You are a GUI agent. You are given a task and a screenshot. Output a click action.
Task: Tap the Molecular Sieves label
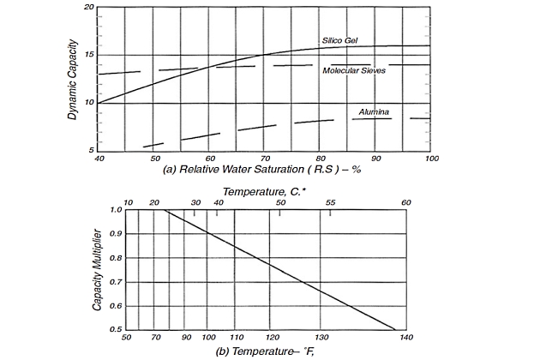(x=353, y=70)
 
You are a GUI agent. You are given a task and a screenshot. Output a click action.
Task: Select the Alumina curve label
(x=372, y=112)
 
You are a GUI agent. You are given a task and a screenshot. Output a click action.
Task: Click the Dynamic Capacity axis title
(x=75, y=79)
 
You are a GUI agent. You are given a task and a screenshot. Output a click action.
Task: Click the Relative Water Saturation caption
(x=264, y=171)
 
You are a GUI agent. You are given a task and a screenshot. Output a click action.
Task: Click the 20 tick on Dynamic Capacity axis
(x=88, y=8)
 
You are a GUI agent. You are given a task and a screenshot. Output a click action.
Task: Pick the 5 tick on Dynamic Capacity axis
(x=91, y=151)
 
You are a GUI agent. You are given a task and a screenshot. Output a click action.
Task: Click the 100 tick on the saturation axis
(x=430, y=159)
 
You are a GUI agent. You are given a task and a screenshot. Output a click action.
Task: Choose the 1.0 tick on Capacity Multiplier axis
(x=116, y=209)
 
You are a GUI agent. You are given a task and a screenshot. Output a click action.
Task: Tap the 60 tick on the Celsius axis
(x=406, y=202)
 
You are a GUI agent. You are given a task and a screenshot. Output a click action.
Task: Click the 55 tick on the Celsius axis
(x=331, y=202)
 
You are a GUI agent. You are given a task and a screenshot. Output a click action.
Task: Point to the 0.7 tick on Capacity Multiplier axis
(x=116, y=282)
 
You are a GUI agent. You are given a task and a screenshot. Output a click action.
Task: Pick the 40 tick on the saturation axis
(x=99, y=159)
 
